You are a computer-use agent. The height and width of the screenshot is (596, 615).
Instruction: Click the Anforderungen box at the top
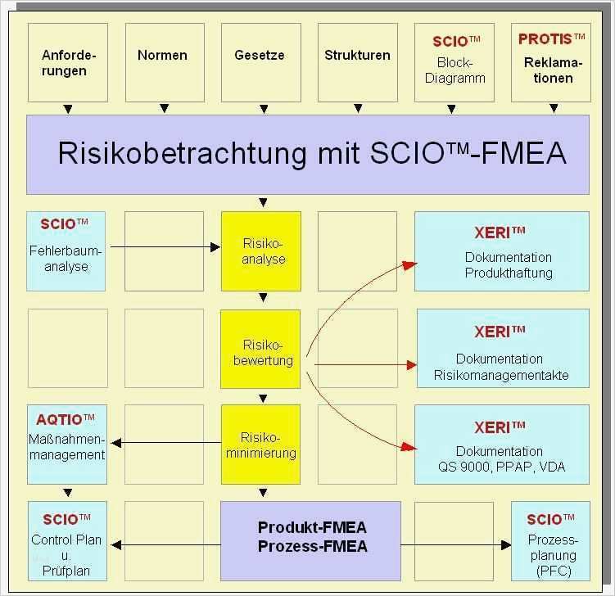coord(68,62)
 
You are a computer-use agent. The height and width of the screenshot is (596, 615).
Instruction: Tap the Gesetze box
coord(260,62)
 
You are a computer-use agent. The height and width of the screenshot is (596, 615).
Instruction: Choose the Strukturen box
coord(357,62)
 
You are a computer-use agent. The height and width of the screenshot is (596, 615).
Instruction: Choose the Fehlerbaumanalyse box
coord(66,251)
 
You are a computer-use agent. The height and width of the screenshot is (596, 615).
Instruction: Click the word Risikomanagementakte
coord(501,375)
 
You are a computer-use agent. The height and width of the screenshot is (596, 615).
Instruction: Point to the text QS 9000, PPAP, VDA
coord(501,467)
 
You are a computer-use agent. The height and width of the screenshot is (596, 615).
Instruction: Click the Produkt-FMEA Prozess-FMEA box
coord(311,537)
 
